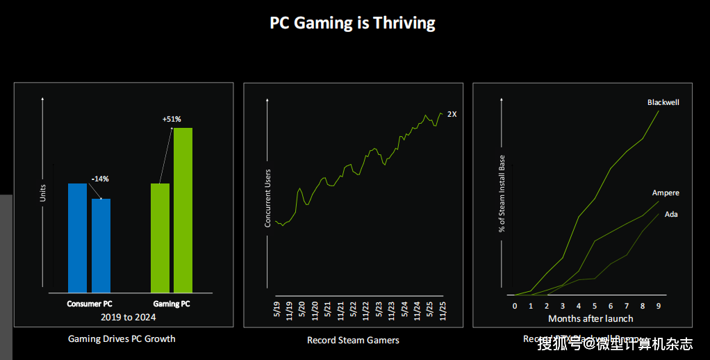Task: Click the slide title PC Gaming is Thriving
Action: tap(352, 22)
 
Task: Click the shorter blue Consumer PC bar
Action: tap(101, 245)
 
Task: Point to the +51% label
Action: tap(172, 120)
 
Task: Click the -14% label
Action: tap(100, 179)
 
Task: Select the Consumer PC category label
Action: tap(90, 304)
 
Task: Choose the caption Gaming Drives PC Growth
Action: tap(122, 339)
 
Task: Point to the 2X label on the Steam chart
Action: tap(452, 114)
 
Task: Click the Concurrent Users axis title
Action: tap(267, 198)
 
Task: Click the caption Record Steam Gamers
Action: tap(353, 341)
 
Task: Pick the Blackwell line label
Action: tap(663, 102)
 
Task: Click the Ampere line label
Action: tap(666, 193)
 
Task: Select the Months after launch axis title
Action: tap(591, 318)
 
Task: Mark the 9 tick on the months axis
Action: tap(659, 305)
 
